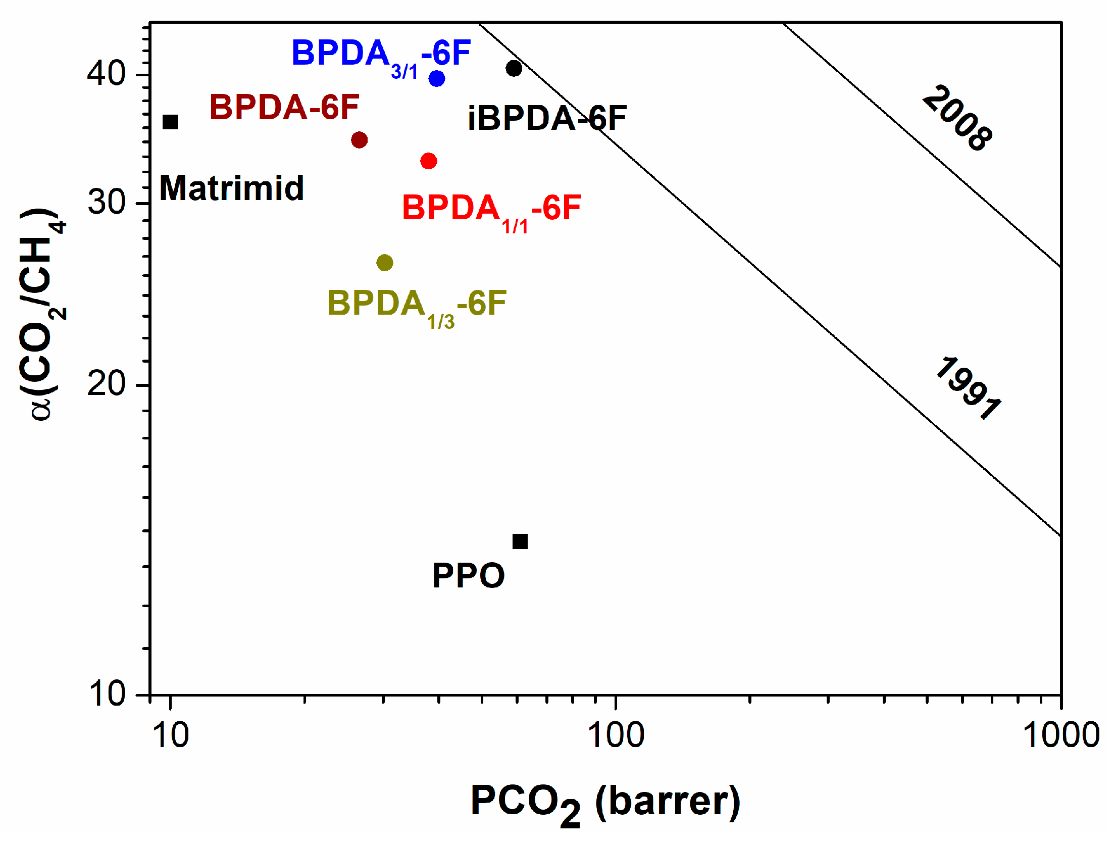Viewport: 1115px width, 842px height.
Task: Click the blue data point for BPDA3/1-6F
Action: pyautogui.click(x=437, y=79)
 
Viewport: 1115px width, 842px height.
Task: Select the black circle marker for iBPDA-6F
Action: pyautogui.click(x=514, y=68)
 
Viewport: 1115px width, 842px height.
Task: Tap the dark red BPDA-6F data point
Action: pyautogui.click(x=359, y=140)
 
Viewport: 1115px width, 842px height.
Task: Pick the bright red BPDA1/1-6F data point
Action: pyautogui.click(x=429, y=161)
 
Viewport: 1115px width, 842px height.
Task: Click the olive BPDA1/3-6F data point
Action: pyautogui.click(x=385, y=263)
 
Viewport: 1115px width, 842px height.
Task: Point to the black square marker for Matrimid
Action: pyautogui.click(x=170, y=122)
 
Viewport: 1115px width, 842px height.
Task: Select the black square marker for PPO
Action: pyautogui.click(x=520, y=541)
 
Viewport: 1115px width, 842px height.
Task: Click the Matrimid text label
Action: pyautogui.click(x=232, y=188)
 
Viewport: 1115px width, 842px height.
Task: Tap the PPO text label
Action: pyautogui.click(x=468, y=575)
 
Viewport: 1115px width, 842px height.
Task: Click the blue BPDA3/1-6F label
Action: pyautogui.click(x=381, y=55)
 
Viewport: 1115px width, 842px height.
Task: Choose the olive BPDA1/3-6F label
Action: pyautogui.click(x=417, y=305)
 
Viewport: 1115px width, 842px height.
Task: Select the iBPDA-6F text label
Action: pyautogui.click(x=547, y=118)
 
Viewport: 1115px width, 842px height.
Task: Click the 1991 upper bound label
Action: pyautogui.click(x=968, y=388)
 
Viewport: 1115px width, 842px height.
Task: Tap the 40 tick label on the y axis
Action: pyautogui.click(x=106, y=73)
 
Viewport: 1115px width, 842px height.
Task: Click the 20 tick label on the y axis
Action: pyautogui.click(x=106, y=383)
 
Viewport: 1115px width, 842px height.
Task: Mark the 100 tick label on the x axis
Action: pyautogui.click(x=616, y=735)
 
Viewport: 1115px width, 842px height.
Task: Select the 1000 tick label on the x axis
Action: pyautogui.click(x=1061, y=735)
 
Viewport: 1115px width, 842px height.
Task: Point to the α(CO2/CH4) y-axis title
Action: pyautogui.click(x=42, y=313)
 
